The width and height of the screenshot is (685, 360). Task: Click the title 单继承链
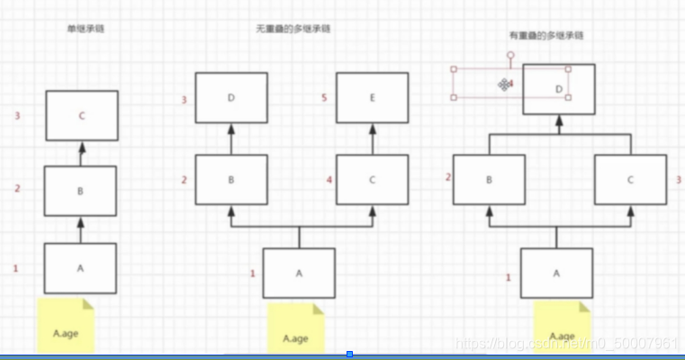tap(86, 30)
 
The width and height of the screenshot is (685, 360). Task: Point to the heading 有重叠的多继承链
tap(546, 36)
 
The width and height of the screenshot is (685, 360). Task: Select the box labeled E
tap(373, 98)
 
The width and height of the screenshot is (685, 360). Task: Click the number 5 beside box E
tap(323, 100)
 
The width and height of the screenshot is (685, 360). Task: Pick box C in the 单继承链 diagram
tap(81, 115)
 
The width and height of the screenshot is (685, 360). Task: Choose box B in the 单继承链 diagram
tap(81, 191)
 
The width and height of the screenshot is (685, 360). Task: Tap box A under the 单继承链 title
tap(81, 267)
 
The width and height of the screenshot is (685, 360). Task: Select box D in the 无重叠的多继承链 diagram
tap(231, 98)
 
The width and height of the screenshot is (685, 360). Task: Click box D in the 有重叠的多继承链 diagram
tap(559, 88)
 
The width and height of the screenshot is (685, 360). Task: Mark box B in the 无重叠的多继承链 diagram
tap(231, 180)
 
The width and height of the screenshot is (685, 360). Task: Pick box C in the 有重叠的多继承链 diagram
tap(629, 180)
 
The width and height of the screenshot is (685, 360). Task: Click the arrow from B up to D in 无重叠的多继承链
tap(231, 139)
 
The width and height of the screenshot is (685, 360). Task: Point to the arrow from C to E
tap(373, 139)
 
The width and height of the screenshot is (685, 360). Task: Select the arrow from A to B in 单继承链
tap(81, 229)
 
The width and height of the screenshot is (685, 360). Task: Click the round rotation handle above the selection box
tap(511, 55)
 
